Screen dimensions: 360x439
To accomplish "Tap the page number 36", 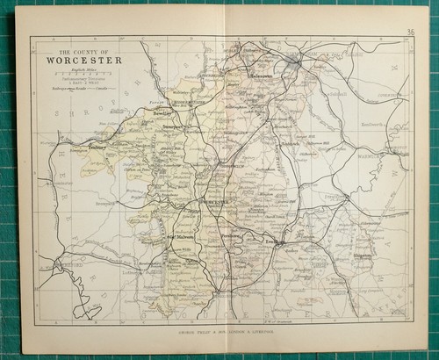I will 411,33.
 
